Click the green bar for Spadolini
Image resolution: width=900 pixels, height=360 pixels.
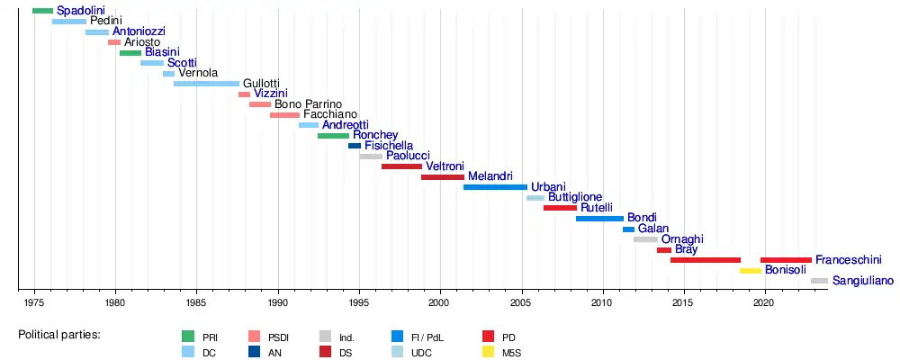tap(42, 11)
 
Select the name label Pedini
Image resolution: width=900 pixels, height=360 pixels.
tap(106, 21)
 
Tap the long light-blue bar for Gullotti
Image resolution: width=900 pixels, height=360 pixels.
tap(206, 84)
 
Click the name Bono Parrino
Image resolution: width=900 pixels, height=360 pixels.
tap(307, 104)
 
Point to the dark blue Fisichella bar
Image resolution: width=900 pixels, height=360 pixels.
tap(355, 146)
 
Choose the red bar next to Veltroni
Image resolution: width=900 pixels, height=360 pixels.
tap(401, 166)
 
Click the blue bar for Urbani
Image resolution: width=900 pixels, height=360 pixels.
tap(495, 187)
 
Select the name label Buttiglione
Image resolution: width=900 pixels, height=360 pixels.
tap(575, 197)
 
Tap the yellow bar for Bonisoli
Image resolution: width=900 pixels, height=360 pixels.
tap(751, 270)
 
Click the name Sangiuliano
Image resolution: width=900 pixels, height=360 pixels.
tap(862, 281)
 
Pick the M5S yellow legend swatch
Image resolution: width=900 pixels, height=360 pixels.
tap(490, 353)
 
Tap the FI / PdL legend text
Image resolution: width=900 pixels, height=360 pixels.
tap(427, 337)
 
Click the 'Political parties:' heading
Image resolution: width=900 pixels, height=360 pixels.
tap(59, 335)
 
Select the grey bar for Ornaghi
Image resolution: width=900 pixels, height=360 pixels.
tap(645, 239)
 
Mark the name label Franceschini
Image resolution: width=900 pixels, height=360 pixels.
tap(849, 260)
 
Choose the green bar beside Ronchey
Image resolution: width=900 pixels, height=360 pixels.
tap(333, 136)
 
